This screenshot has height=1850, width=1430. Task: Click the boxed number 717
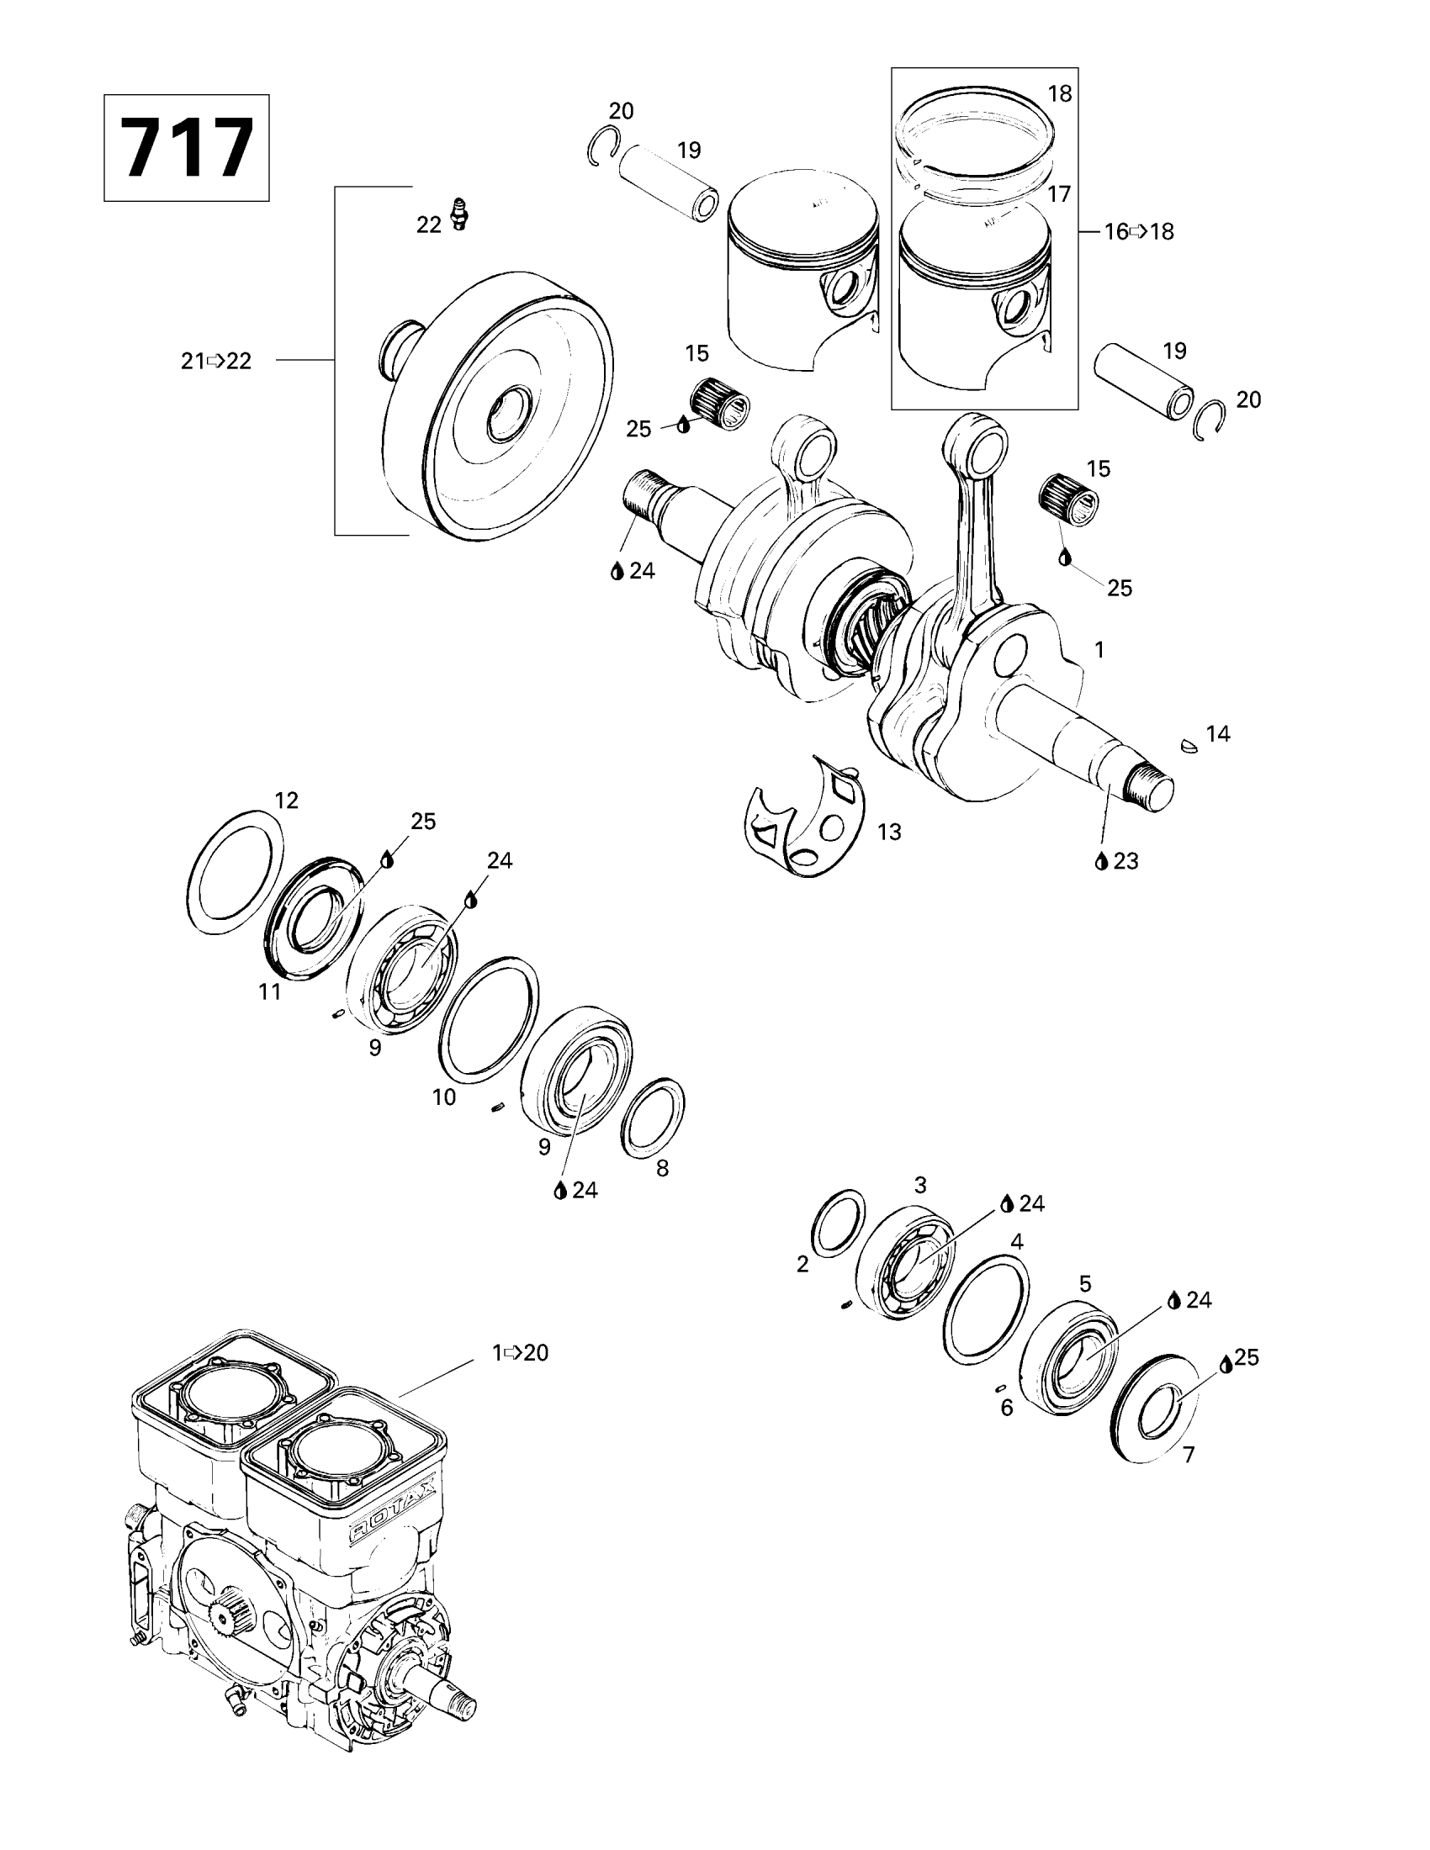pyautogui.click(x=187, y=147)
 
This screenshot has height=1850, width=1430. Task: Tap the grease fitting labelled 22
pyautogui.click(x=459, y=214)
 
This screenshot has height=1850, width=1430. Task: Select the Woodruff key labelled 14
pyautogui.click(x=1189, y=745)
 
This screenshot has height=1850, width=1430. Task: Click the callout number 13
pyautogui.click(x=888, y=832)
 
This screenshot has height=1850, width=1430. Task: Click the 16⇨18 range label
pyautogui.click(x=1139, y=231)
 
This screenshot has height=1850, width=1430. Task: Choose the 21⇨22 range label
pyautogui.click(x=216, y=361)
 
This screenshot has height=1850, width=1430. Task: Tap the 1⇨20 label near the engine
pyautogui.click(x=520, y=1353)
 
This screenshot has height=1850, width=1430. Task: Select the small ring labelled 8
pyautogui.click(x=653, y=1118)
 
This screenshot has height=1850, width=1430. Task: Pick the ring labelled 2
pyautogui.click(x=839, y=1222)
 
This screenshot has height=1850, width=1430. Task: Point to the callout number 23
pyautogui.click(x=1125, y=860)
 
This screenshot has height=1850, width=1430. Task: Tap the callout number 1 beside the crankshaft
pyautogui.click(x=1099, y=650)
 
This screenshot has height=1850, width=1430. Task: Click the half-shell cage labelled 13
pyautogui.click(x=805, y=820)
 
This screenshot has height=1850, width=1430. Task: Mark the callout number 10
pyautogui.click(x=444, y=1097)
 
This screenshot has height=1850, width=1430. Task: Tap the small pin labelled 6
pyautogui.click(x=999, y=1387)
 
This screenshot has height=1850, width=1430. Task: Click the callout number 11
pyautogui.click(x=269, y=991)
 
